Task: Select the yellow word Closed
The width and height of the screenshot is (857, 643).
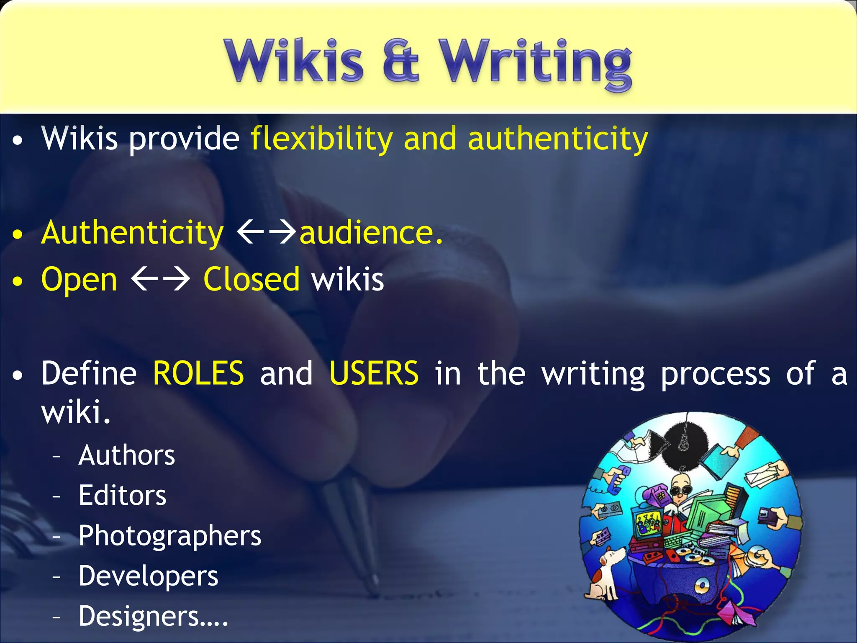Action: coord(251,279)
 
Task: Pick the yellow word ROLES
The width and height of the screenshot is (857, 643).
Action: coord(198,373)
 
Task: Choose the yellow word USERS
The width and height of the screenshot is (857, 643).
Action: coord(374,373)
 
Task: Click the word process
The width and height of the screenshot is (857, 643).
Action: coord(715,374)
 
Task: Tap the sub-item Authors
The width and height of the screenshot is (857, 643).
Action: coord(126,455)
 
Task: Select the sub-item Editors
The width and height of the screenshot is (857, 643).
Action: coord(122,496)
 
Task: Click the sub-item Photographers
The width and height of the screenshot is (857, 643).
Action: coord(169,536)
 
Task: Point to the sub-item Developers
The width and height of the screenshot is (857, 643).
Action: coord(148,576)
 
